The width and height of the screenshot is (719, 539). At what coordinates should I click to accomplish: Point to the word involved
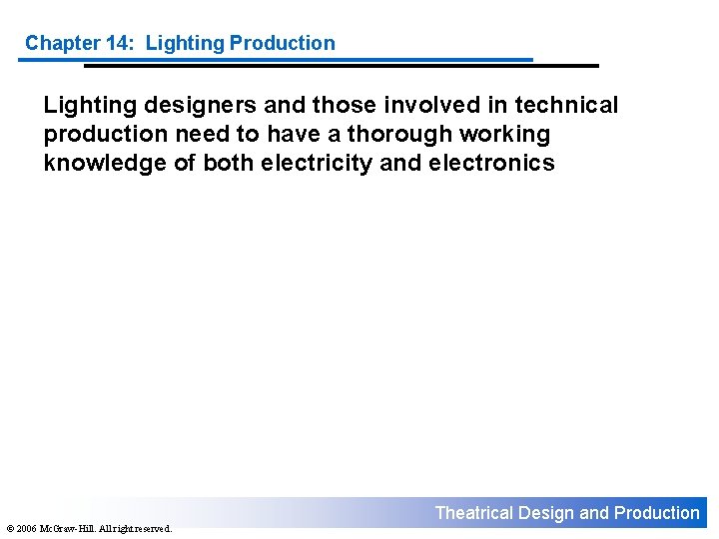click(x=437, y=105)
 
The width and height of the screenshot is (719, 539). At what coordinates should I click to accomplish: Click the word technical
click(x=566, y=105)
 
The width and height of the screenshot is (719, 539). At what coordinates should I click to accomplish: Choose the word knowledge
click(x=105, y=164)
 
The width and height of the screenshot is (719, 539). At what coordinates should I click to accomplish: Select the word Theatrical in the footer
click(x=473, y=513)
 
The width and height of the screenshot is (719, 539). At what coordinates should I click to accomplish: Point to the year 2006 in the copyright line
click(x=26, y=528)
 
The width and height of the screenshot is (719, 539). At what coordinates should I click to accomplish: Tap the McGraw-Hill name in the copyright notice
click(x=64, y=528)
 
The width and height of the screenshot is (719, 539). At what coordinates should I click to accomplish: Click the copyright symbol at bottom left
click(x=8, y=528)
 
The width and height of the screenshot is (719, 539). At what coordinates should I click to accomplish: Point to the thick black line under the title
click(x=340, y=66)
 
